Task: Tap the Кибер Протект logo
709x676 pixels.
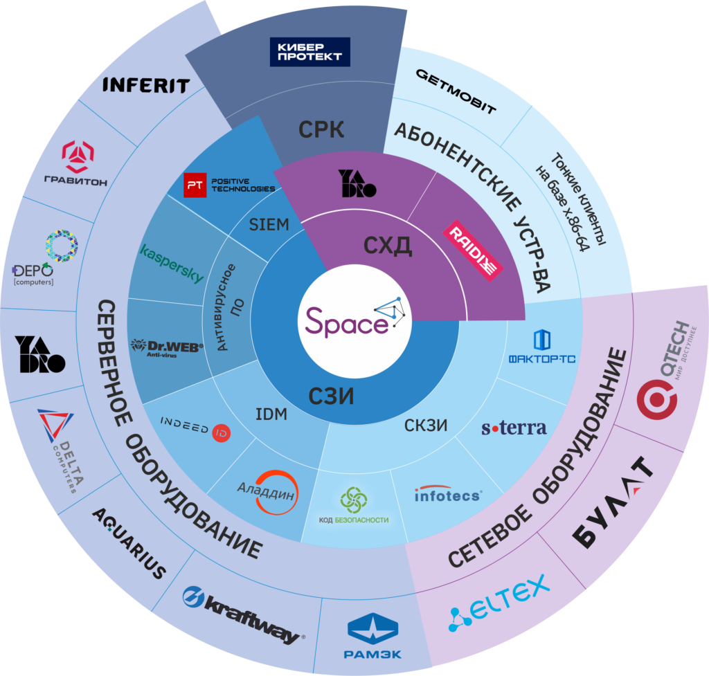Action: pos(309,52)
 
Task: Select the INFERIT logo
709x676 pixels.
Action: pos(146,86)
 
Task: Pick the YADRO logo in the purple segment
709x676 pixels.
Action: pos(357,183)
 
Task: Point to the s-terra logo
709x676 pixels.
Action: pos(514,428)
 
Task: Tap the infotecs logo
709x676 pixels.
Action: pos(447,494)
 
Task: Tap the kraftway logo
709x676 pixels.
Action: pos(241,612)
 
